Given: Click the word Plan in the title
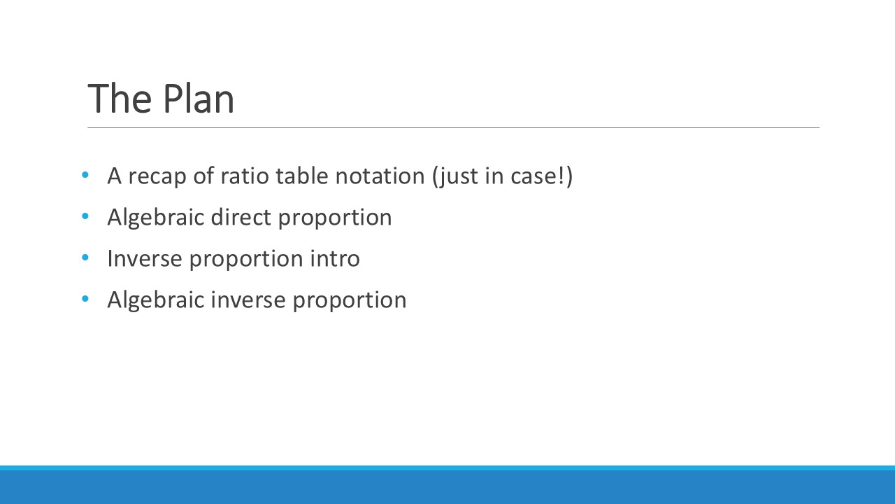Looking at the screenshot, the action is coord(199,99).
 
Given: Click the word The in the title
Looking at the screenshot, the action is coord(120,99).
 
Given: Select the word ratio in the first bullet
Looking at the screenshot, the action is coord(245,176).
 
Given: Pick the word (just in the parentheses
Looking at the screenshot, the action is coord(455,177).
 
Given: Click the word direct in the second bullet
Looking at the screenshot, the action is coord(241,217).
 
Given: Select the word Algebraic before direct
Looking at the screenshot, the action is coord(156,218).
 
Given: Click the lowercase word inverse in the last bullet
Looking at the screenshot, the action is coord(248,300).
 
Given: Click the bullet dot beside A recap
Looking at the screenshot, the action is coord(85,175).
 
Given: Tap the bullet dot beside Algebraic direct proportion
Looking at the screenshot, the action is coord(85,216).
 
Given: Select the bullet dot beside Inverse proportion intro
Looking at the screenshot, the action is coord(85,258).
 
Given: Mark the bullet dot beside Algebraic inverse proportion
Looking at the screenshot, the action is coord(85,299).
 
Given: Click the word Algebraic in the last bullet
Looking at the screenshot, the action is coord(156,300).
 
